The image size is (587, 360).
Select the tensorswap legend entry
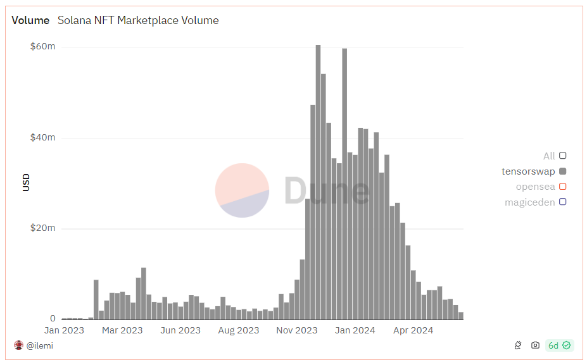tap(528, 171)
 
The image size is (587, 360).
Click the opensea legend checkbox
tap(562, 187)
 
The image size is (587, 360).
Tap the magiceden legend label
tap(529, 202)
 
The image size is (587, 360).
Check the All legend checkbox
tap(562, 156)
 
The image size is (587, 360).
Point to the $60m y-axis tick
tap(42, 47)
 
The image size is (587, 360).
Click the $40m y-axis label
tap(42, 137)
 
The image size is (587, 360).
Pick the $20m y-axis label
tap(42, 228)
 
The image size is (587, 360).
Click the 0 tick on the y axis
tap(53, 319)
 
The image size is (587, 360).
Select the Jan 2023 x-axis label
tap(64, 330)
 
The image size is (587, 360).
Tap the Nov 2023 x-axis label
tap(297, 330)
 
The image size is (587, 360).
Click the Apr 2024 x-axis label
tap(413, 330)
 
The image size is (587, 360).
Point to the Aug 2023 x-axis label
tap(239, 330)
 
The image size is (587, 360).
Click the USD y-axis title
tap(26, 182)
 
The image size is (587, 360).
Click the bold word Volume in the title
tap(30, 20)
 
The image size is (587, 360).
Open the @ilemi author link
tap(39, 345)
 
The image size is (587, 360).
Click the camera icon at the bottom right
tap(535, 345)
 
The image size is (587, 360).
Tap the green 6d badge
tap(559, 345)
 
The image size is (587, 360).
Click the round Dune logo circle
tap(242, 190)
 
